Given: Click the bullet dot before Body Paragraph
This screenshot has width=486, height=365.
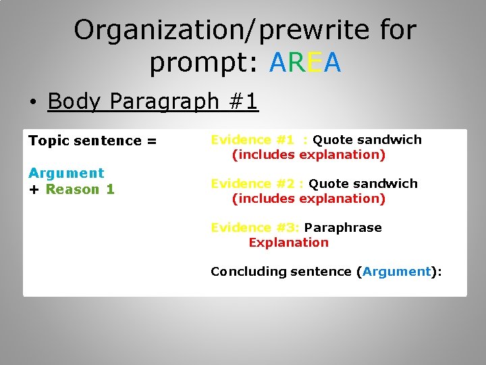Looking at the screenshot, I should tap(32, 103).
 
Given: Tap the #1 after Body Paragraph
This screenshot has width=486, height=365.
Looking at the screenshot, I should tap(242, 101).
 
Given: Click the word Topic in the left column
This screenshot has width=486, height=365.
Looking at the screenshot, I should tap(48, 141).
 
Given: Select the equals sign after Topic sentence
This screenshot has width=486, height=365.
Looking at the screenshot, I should tap(151, 141).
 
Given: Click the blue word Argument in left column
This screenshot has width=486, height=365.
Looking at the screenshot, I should tap(66, 173).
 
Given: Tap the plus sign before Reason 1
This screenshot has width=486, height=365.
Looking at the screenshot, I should tap(34, 190).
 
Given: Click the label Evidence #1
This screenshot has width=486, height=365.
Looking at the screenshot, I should tap(252, 140).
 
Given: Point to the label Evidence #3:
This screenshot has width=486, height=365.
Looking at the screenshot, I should tap(255, 228).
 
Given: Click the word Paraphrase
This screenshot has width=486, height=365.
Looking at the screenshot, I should tap(343, 228).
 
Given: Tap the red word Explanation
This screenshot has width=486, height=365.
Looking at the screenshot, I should tap(288, 243).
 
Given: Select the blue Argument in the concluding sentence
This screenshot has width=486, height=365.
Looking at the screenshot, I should tap(396, 272).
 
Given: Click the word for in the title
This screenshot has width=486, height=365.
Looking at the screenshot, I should tap(398, 30).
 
